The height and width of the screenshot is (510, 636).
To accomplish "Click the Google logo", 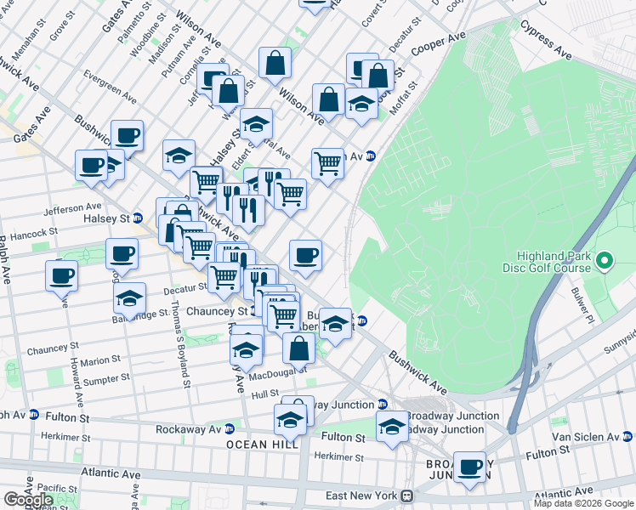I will tap(28, 500).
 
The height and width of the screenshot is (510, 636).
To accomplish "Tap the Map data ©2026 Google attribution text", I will tap(583, 503).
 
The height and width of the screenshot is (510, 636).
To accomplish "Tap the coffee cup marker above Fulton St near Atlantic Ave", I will tap(470, 467).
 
